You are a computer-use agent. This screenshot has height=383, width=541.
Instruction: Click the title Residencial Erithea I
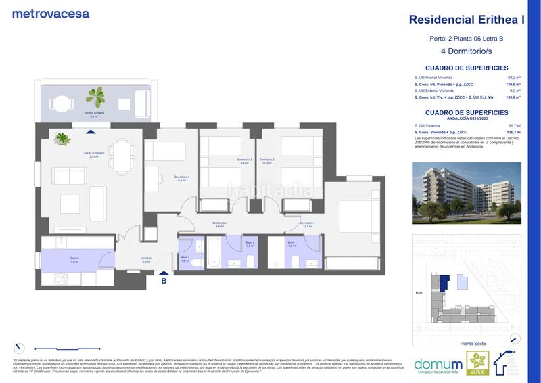pos(467,20)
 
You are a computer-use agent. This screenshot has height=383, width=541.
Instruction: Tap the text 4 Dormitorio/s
pos(467,51)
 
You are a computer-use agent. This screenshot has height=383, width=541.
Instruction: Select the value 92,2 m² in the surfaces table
pos(513,78)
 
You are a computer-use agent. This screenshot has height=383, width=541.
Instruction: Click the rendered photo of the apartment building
pos(467,193)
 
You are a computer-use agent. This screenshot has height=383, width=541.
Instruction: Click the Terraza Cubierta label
pos(94,114)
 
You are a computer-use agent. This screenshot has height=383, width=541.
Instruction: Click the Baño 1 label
pos(291,243)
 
